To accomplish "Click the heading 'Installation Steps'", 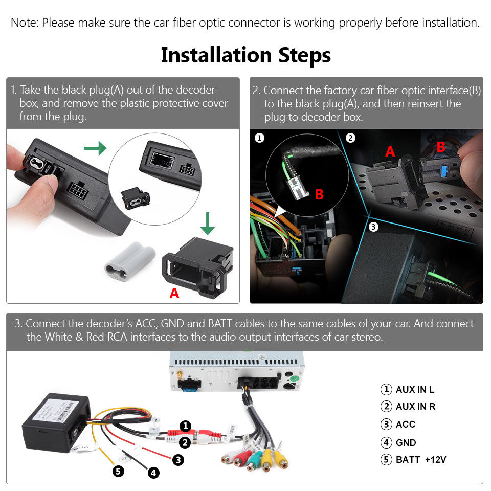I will (x=245, y=55).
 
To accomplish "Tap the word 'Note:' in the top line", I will (x=25, y=23).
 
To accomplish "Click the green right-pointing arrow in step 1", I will (x=95, y=148).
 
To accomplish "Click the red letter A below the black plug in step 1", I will (x=174, y=293).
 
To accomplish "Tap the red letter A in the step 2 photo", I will (x=390, y=151).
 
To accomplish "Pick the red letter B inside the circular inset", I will (x=319, y=194).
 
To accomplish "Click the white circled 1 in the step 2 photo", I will (x=260, y=138).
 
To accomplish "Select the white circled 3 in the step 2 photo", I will (x=373, y=227).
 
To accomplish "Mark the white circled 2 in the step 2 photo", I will (x=350, y=138).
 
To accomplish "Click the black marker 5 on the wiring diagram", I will (x=119, y=471).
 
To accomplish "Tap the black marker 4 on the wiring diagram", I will (x=153, y=473).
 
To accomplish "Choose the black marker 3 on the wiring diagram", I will (x=178, y=460).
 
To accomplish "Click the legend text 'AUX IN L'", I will (x=415, y=390).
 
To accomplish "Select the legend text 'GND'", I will (x=406, y=443).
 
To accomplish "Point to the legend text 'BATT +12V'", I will (x=421, y=459).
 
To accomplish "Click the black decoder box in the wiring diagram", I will (x=51, y=419).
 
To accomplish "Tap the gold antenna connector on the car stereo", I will (x=181, y=376).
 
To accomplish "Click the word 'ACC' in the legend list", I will (x=405, y=425).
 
